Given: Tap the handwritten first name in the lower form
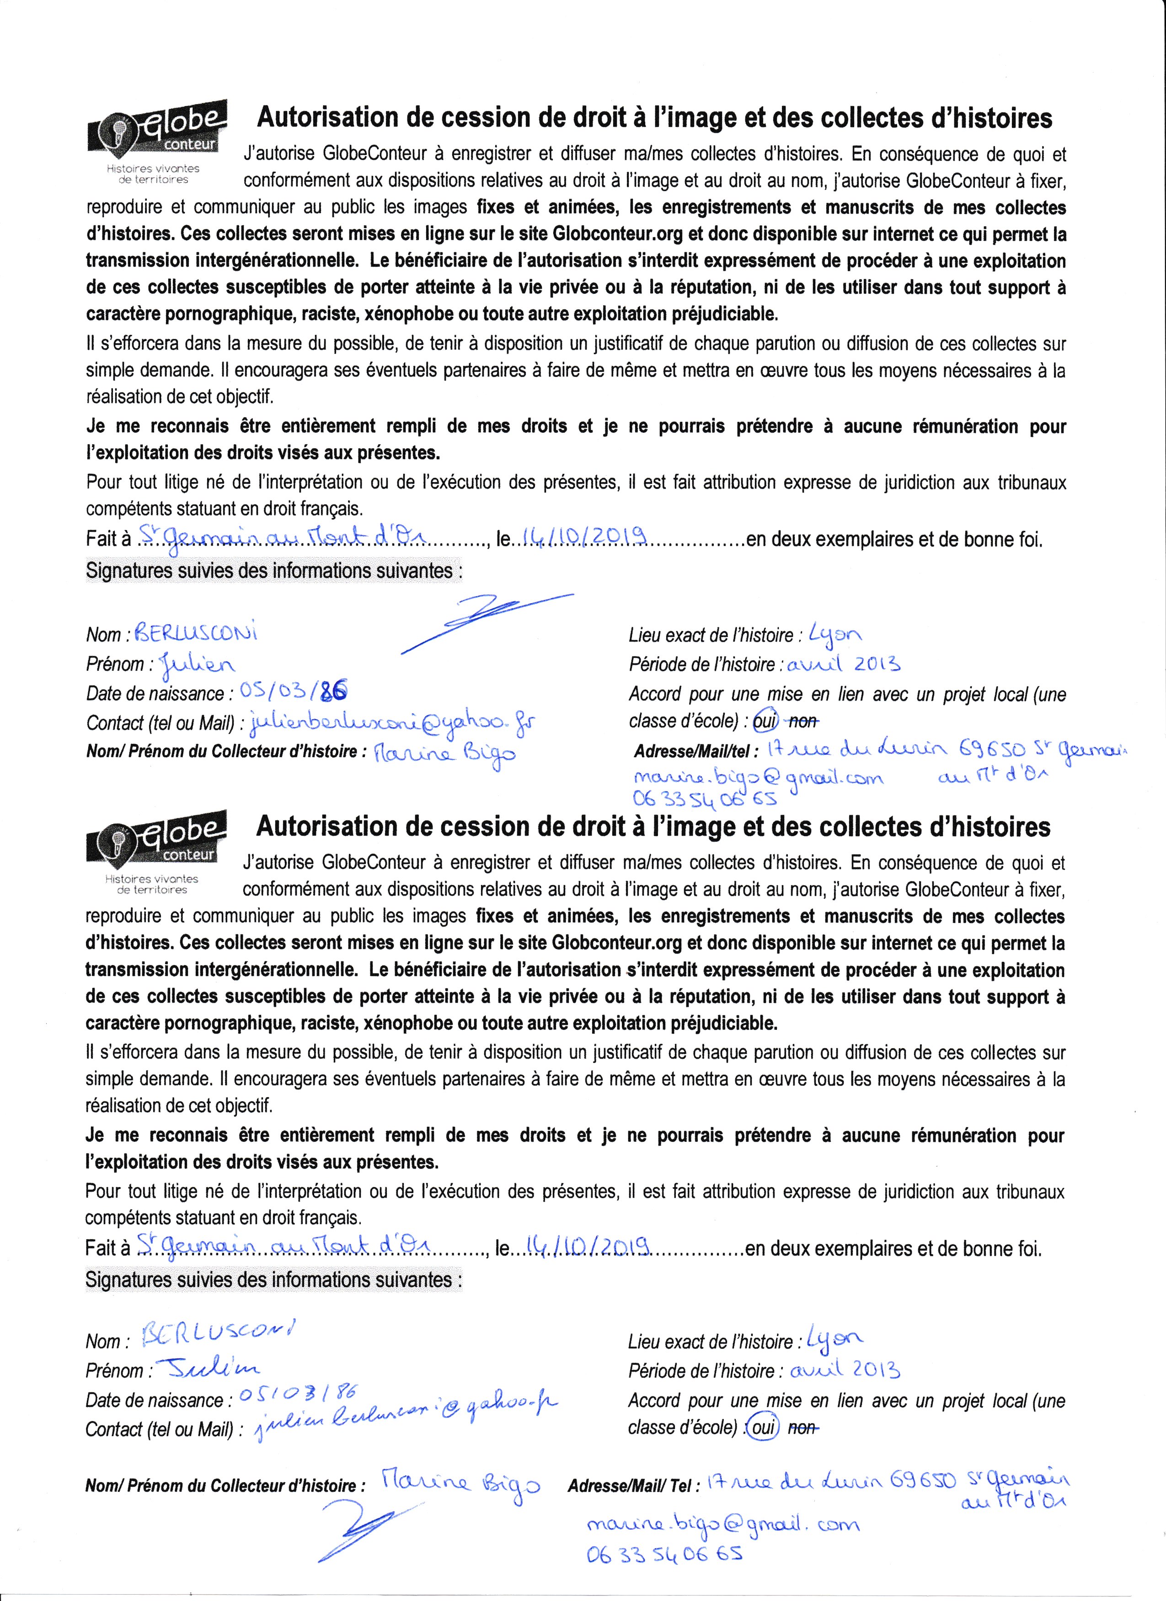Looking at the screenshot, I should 202,1369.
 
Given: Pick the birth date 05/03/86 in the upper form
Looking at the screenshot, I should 294,693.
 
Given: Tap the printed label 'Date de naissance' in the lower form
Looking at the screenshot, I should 155,1400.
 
